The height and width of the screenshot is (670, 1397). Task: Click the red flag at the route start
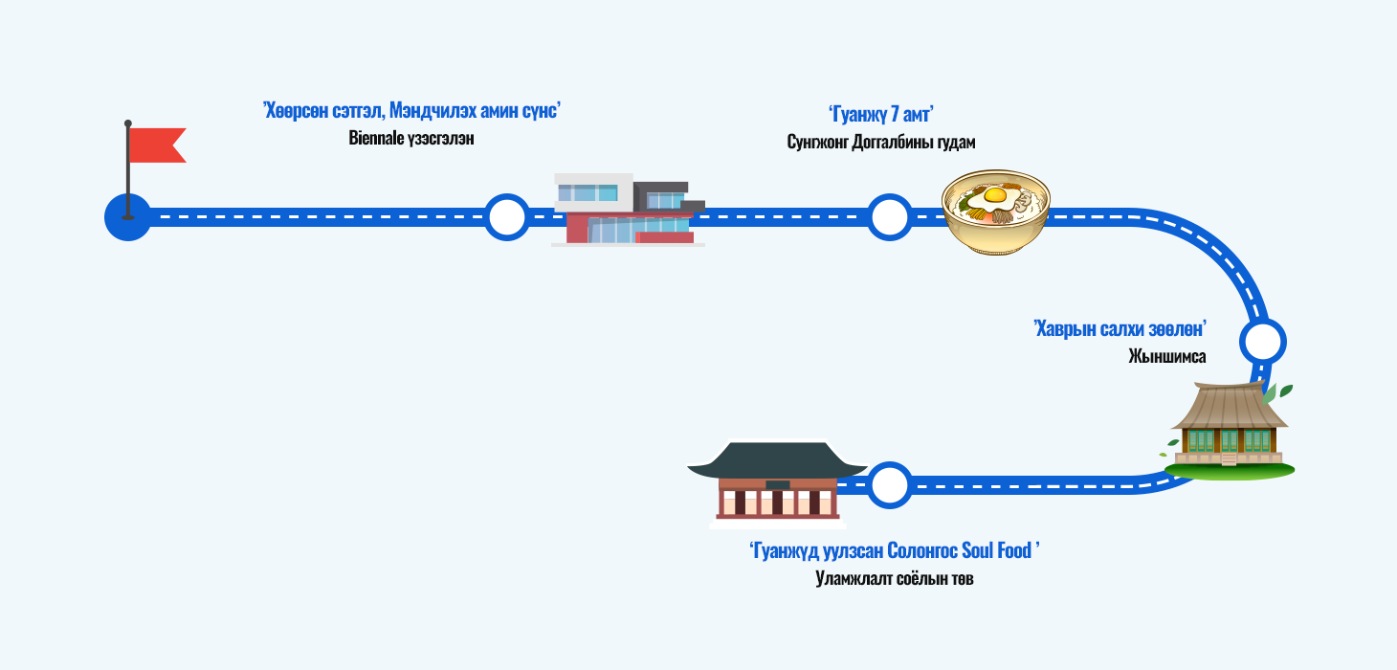(x=156, y=145)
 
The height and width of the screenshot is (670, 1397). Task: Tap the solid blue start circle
(x=127, y=218)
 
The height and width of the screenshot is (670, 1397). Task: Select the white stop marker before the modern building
(x=506, y=217)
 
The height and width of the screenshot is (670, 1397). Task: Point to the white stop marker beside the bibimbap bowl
(x=889, y=217)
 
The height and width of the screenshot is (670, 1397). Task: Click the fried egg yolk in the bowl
(x=995, y=196)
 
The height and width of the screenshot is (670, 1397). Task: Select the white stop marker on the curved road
(x=1262, y=341)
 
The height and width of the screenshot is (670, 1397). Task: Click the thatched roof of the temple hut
(x=1229, y=407)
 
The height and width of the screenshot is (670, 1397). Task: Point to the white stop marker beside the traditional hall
(x=889, y=485)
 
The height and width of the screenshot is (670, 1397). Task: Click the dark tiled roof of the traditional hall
(x=777, y=460)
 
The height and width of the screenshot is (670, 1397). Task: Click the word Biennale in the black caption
(x=377, y=139)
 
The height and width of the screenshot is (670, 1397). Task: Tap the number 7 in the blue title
(x=895, y=115)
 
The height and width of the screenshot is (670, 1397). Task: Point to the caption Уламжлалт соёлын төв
(x=894, y=578)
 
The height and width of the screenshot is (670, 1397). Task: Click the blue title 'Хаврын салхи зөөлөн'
(x=1120, y=328)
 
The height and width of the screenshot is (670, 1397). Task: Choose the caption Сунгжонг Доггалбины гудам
(x=880, y=142)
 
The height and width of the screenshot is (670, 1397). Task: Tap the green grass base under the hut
(x=1230, y=470)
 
